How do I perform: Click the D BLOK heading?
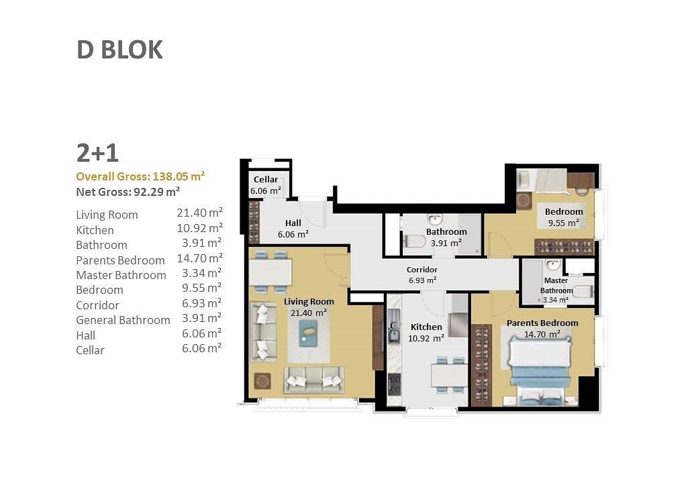pyautogui.click(x=119, y=50)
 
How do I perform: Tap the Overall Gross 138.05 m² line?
pyautogui.click(x=140, y=176)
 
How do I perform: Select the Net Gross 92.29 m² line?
pyautogui.click(x=128, y=192)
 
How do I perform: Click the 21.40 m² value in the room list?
pyautogui.click(x=200, y=213)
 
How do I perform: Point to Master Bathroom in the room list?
pyautogui.click(x=121, y=275)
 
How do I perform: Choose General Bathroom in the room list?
pyautogui.click(x=123, y=320)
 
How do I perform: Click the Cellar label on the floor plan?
pyautogui.click(x=266, y=179)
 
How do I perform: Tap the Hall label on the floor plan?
pyautogui.click(x=293, y=223)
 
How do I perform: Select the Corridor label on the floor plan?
pyautogui.click(x=422, y=270)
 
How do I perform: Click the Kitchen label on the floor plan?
pyautogui.click(x=426, y=327)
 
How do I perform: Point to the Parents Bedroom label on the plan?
pyautogui.click(x=542, y=323)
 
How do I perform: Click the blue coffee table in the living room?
pyautogui.click(x=309, y=333)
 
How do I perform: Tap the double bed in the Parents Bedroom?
pyautogui.click(x=540, y=370)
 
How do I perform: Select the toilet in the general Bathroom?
pyautogui.click(x=415, y=241)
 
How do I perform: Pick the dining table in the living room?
pyautogui.click(x=270, y=272)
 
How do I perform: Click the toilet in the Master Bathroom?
pyautogui.click(x=583, y=292)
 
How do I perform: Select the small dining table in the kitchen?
pyautogui.click(x=449, y=375)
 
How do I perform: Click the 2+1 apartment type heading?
pyautogui.click(x=97, y=153)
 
